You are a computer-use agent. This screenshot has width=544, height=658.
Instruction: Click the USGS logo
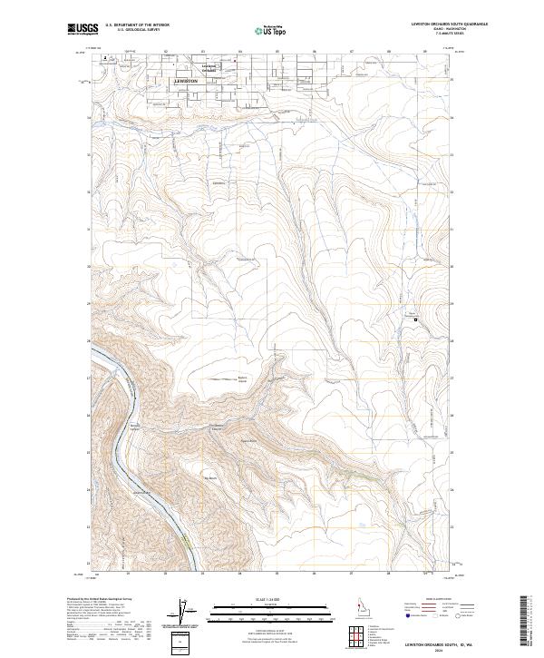pyautogui.click(x=83, y=30)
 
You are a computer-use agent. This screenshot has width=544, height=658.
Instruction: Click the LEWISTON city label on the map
pyautogui.click(x=185, y=81)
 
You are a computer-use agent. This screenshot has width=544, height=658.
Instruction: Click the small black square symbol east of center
pyautogui.click(x=415, y=319)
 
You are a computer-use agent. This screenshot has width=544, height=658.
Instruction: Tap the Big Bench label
pyautogui.click(x=213, y=476)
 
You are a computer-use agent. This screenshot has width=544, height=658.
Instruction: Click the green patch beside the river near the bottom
pyautogui.click(x=185, y=542)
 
